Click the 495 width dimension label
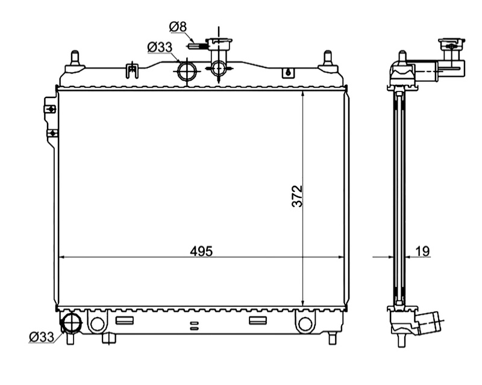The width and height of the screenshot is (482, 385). click(201, 251)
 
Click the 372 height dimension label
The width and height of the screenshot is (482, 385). click(298, 196)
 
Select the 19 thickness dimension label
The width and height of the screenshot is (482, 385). click(423, 251)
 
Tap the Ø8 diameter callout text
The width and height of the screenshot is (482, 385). click(178, 26)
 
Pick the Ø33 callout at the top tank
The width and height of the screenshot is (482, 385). click(160, 48)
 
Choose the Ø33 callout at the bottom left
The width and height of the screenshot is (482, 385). click(42, 337)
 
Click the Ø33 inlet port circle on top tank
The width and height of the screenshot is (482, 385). click(187, 71)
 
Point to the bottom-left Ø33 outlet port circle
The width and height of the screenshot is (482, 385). click(72, 323)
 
